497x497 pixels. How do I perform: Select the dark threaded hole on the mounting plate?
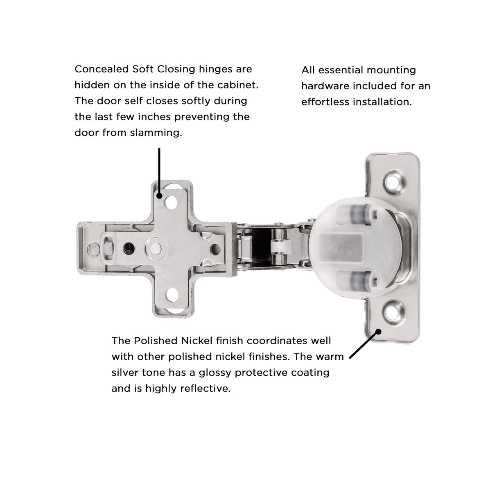coord(128,247)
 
